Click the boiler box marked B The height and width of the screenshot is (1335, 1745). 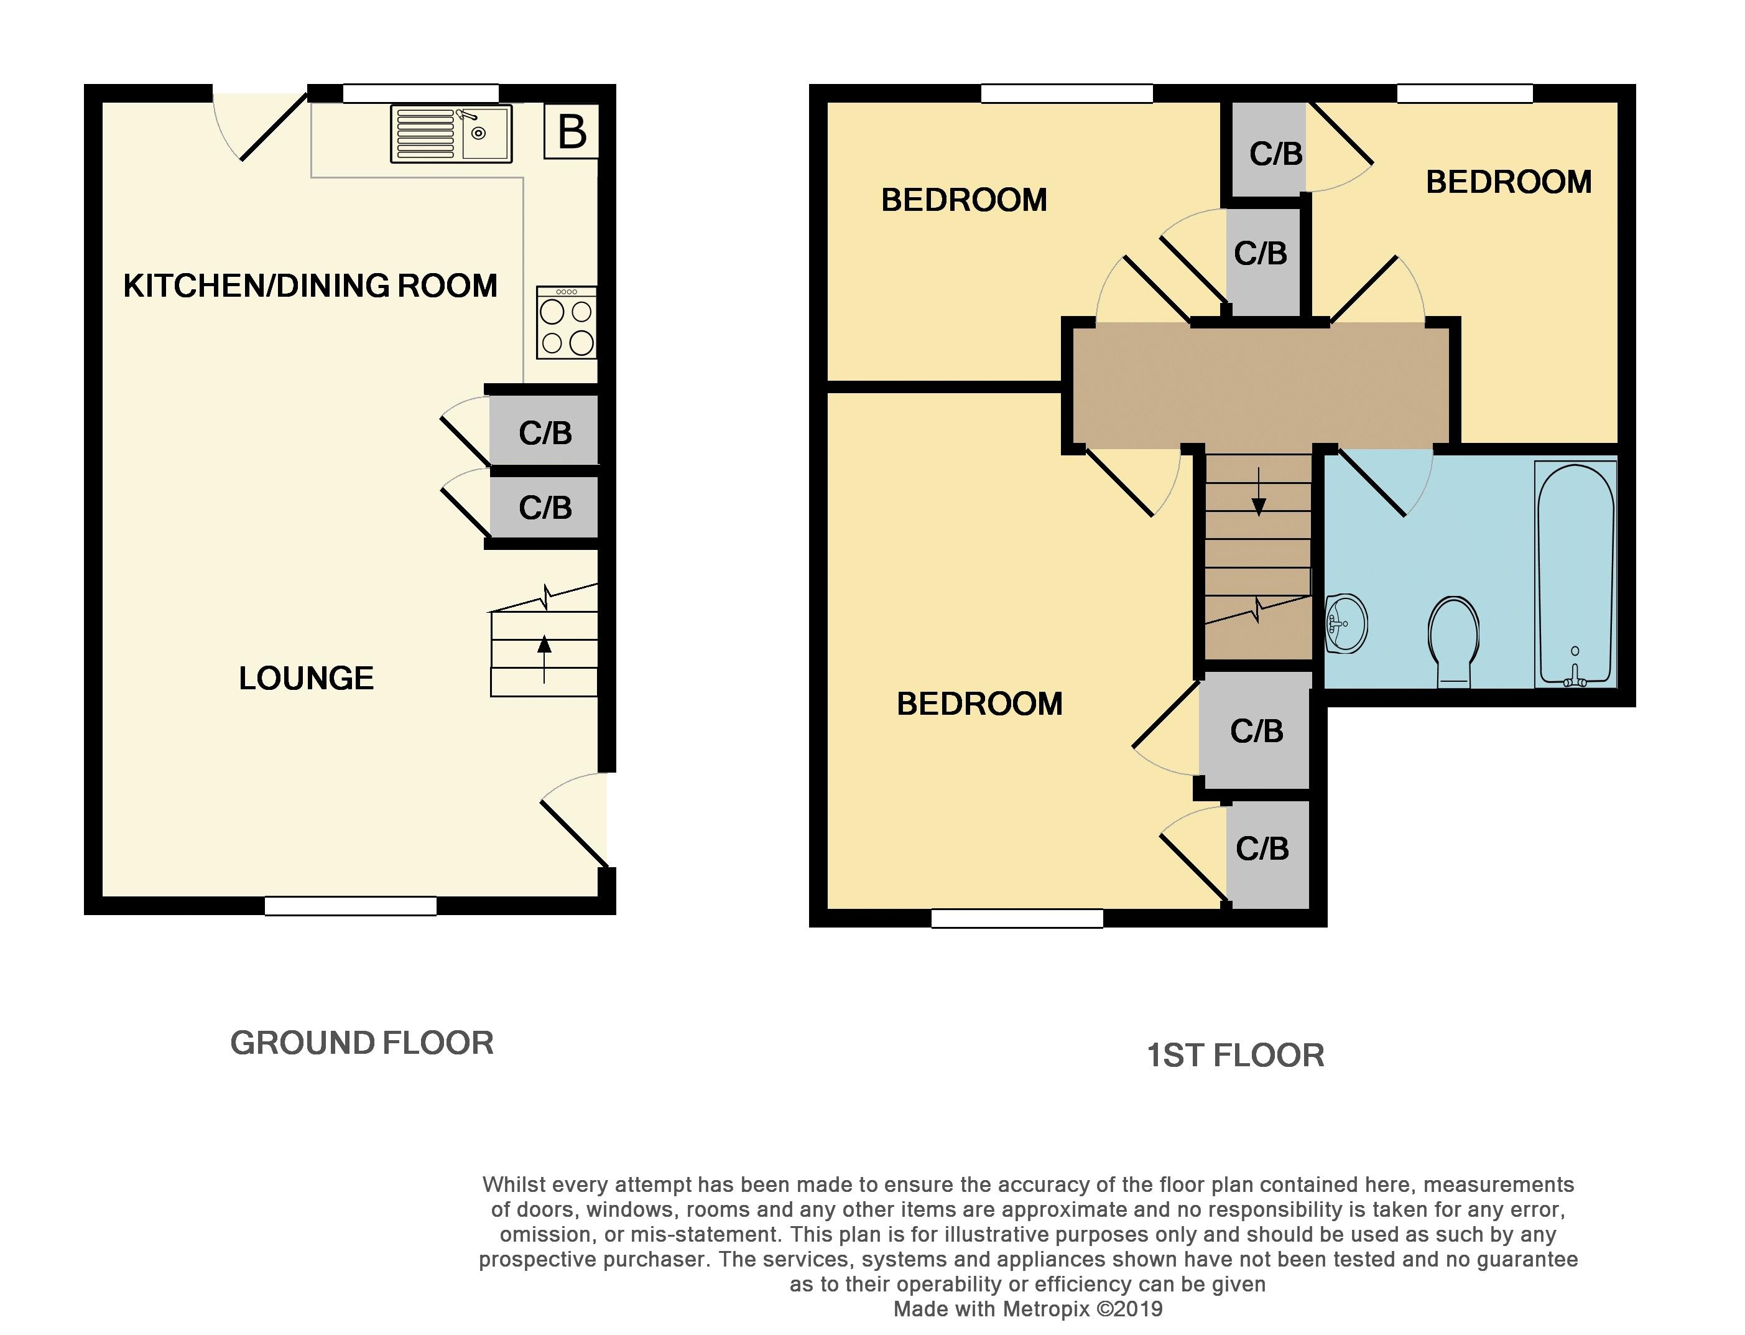tap(571, 131)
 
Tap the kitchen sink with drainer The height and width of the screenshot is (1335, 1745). tap(451, 134)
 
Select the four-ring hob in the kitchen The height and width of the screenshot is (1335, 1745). tap(567, 322)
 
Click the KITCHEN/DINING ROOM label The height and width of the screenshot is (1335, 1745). tap(310, 286)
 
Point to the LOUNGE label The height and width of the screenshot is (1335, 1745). tap(307, 678)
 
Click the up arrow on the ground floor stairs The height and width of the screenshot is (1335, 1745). tap(544, 659)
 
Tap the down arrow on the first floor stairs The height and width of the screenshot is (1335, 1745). tap(1258, 493)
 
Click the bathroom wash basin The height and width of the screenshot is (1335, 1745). tap(1346, 624)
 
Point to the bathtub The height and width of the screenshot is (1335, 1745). tap(1576, 574)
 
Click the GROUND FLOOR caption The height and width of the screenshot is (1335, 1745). tap(362, 1043)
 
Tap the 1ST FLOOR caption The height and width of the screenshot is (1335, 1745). tap(1236, 1055)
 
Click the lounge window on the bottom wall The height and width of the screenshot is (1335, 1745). tap(350, 906)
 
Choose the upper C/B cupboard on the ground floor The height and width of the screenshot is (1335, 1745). tap(544, 430)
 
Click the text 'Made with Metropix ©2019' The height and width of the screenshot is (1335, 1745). tap(1028, 1309)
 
